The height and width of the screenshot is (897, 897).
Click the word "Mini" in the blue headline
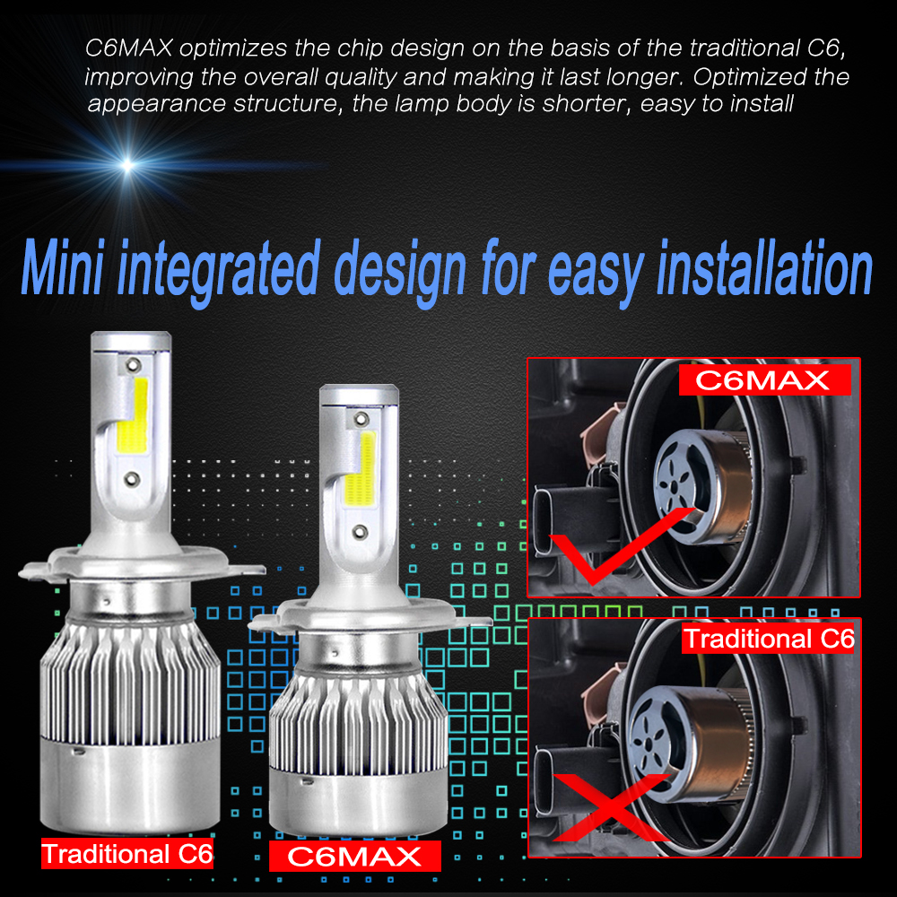63,267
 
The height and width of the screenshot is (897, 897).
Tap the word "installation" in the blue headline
765,267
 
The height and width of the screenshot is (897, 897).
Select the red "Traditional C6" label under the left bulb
127,854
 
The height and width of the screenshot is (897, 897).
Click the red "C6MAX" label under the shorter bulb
354,857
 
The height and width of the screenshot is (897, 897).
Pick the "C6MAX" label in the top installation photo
764,380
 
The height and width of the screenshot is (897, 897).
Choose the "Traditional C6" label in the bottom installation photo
769,639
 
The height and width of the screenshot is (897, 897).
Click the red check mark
621,544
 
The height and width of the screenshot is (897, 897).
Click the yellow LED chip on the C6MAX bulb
361,468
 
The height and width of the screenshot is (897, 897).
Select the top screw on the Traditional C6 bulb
134,364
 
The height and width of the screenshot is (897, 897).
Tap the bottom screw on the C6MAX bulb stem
360,532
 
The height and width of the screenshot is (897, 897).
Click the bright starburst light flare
128,166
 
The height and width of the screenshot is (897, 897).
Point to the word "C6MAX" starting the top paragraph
128,48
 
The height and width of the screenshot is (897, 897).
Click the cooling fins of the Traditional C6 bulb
130,684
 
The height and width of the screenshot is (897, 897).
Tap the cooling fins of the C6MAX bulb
358,727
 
